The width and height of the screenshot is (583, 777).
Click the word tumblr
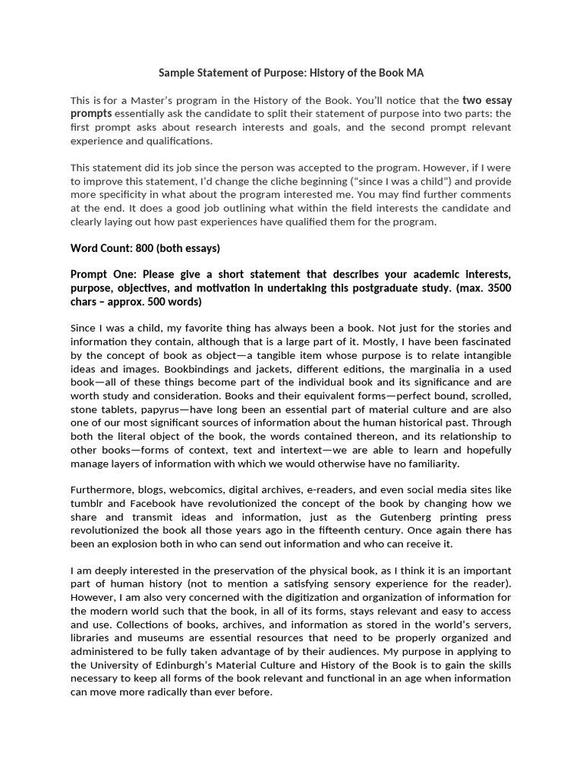click(x=87, y=505)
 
